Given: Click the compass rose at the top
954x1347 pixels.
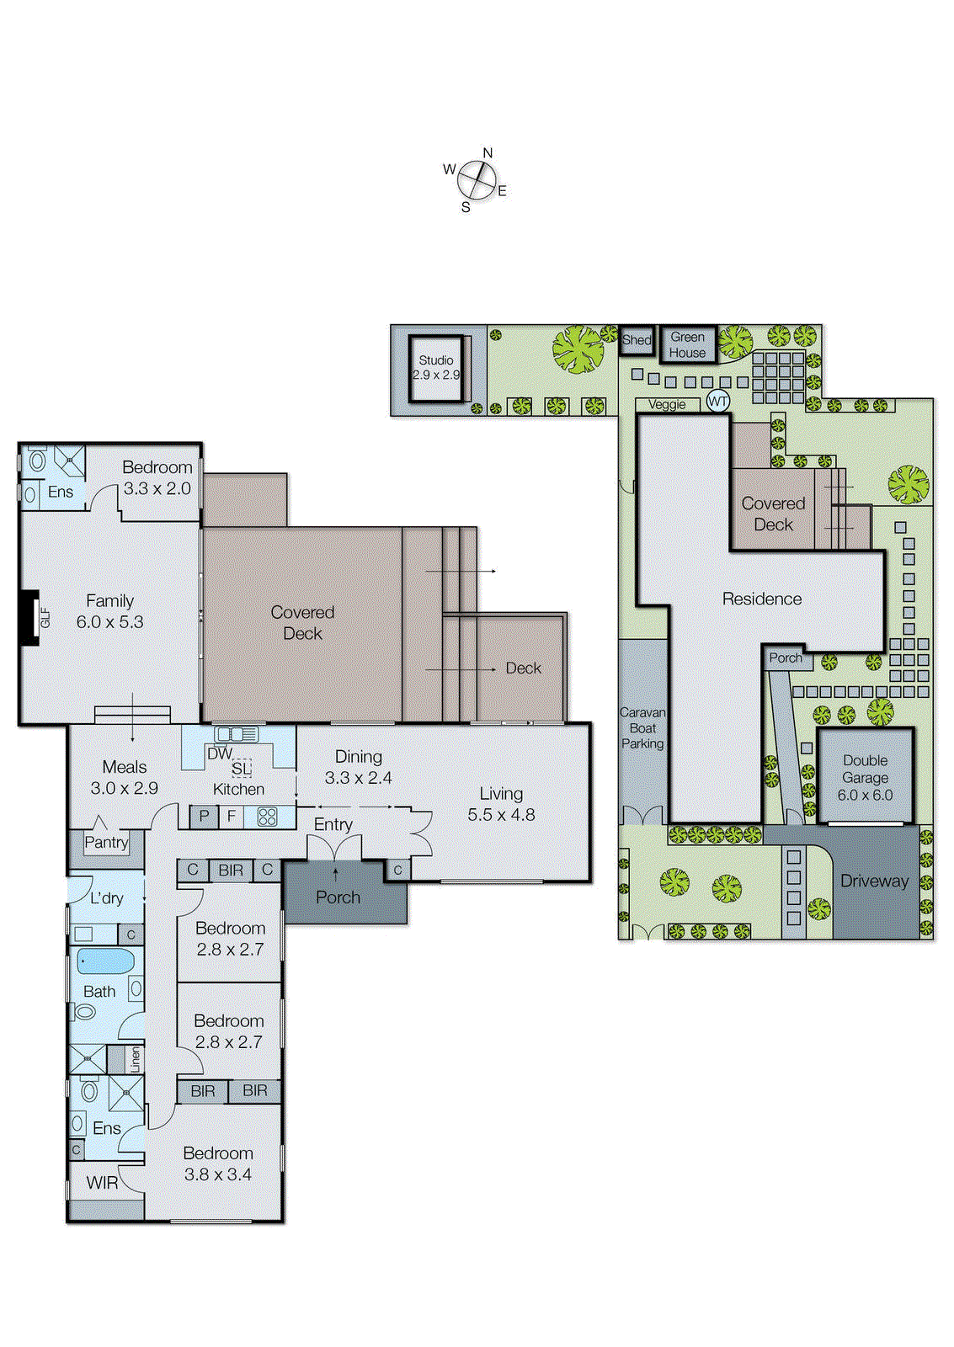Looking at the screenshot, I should pos(477,179).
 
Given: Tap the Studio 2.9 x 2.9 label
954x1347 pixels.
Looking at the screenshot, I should pos(436,368).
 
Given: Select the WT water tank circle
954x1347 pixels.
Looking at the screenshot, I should pos(717,402).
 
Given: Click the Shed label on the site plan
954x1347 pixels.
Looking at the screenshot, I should pos(637,340).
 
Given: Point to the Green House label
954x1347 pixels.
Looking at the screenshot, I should pos(688,344).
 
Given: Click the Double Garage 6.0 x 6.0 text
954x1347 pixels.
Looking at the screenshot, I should pos(865,778).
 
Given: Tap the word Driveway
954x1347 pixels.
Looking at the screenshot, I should pos(874,881).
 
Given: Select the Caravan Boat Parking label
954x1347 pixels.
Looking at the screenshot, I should pos(642,728).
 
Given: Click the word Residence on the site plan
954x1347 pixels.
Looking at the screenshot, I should pos(761,599).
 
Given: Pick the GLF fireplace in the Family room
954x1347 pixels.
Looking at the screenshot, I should pos(31,618).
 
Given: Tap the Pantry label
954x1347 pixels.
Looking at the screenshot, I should pos(106,842).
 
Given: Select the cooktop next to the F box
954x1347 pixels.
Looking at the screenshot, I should pos(267,816).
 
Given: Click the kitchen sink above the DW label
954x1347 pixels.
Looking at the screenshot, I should pos(237,734).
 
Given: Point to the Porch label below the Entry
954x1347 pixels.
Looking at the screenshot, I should pos(338,897).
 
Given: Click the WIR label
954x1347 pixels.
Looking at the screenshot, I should pos(102,1183).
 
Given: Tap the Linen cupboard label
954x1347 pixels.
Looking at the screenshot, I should pos(135,1059).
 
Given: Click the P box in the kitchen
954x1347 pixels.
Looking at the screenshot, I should pos(204,816).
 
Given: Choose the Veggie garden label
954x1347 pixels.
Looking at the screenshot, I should pos(667,405).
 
